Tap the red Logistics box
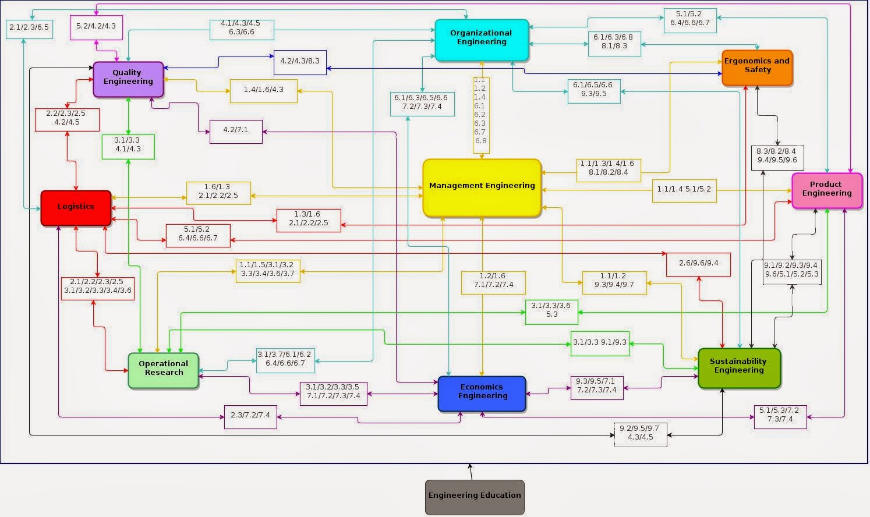[x=76, y=208]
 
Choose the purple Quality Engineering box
[x=128, y=79]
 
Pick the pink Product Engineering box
[x=826, y=190]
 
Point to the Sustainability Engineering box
[x=739, y=367]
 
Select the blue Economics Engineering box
[x=482, y=394]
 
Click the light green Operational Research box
[x=163, y=370]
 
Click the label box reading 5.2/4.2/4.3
[x=96, y=27]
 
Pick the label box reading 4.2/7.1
[x=236, y=132]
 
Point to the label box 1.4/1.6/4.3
[x=264, y=91]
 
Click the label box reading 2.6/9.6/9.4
[x=698, y=264]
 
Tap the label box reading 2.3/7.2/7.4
[x=250, y=417]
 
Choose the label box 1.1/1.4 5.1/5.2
[x=684, y=190]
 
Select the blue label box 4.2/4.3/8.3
[x=300, y=62]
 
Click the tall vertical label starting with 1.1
[x=480, y=115]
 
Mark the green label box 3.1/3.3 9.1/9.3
[x=600, y=344]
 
